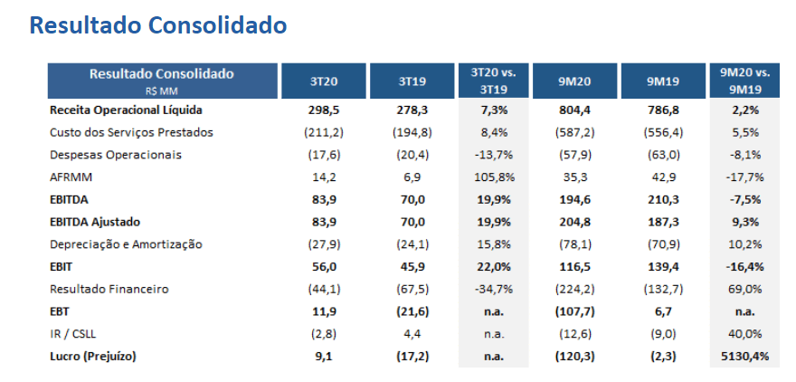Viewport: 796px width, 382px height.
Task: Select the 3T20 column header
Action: (323, 81)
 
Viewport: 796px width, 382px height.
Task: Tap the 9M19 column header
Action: (662, 81)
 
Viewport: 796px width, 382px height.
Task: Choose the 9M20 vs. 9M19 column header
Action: (744, 81)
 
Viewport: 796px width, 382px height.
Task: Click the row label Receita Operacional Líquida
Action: (126, 110)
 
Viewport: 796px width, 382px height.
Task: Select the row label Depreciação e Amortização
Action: (127, 244)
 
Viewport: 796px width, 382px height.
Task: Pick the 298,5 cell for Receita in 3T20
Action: (323, 110)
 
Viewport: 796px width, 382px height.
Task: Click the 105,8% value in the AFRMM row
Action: (491, 177)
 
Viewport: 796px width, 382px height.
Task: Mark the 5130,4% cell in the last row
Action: (744, 356)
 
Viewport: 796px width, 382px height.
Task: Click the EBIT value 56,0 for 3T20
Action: (323, 266)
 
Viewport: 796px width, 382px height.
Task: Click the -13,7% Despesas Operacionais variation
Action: (491, 155)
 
